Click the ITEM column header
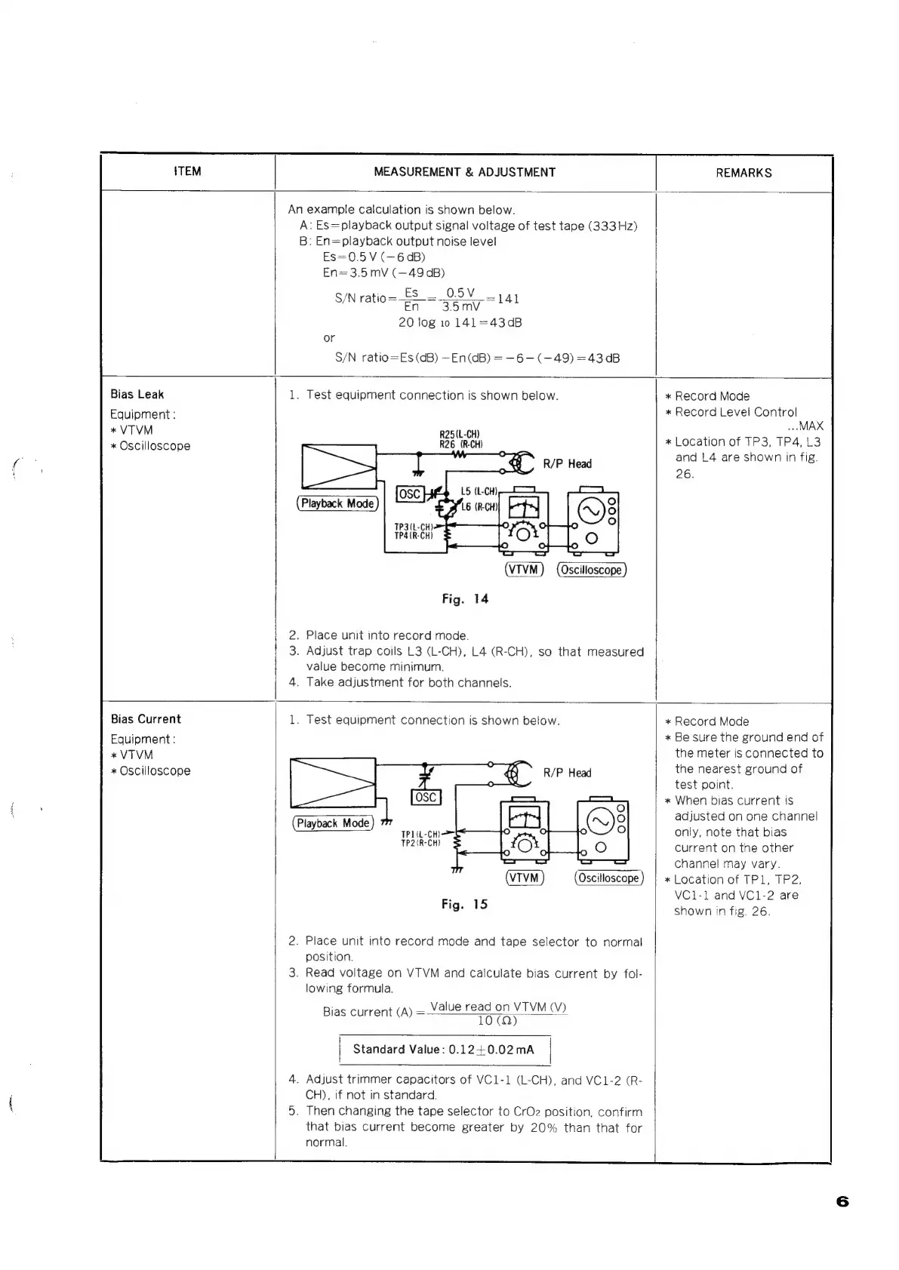[187, 171]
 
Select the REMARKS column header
[744, 173]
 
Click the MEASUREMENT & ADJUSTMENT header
[464, 172]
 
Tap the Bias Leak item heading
[137, 394]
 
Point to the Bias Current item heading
[146, 719]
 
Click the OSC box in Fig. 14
[410, 494]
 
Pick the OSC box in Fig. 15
[426, 798]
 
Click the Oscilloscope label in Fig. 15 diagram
[608, 878]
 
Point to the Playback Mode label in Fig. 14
[337, 503]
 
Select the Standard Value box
[444, 1050]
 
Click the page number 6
[842, 1201]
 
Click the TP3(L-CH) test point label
[413, 527]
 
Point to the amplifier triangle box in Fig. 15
[332, 783]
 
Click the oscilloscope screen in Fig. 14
[590, 511]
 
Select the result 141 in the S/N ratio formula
[508, 299]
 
